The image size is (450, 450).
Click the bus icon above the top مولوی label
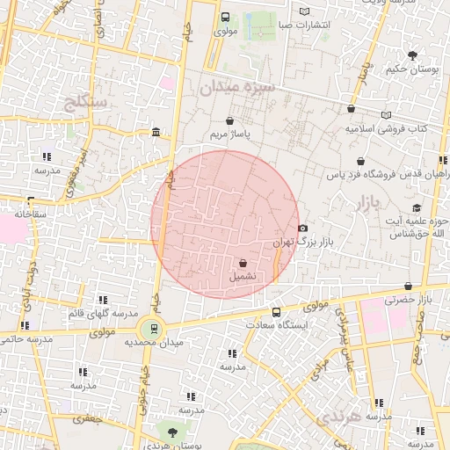point(225,17)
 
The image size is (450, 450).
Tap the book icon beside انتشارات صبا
point(304,11)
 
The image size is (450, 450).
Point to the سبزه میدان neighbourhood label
point(237,87)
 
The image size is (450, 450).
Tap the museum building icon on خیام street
point(156,133)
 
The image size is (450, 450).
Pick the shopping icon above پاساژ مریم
point(229,121)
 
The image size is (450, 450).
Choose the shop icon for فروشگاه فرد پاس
point(361,162)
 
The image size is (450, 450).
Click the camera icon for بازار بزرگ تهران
point(303,229)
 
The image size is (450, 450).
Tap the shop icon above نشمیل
point(243,262)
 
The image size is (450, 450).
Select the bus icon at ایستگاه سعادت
point(276,312)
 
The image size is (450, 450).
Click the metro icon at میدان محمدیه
point(155,329)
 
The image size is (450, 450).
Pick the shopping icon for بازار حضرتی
point(408,287)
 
